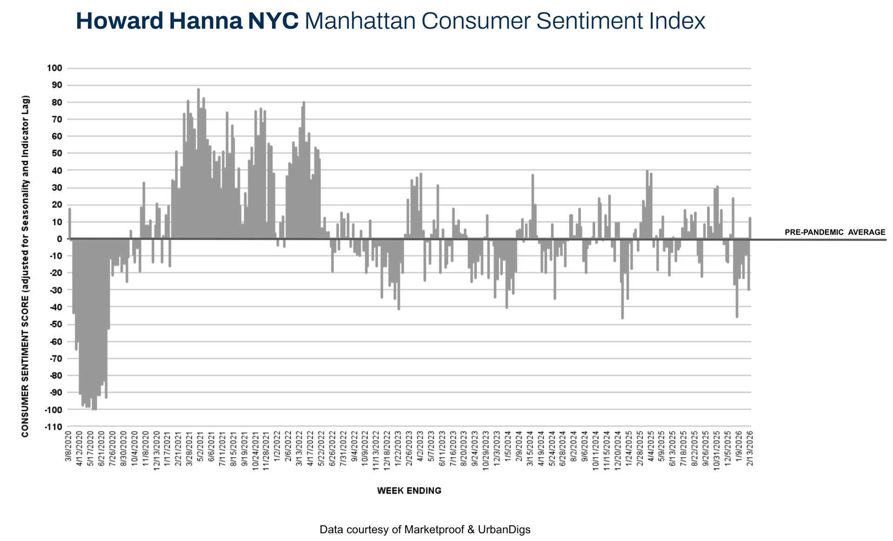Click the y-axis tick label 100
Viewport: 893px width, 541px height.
coord(54,68)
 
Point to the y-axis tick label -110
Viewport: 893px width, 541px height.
coord(53,427)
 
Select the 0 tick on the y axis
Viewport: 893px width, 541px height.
coord(59,239)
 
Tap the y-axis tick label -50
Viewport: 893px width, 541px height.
coord(54,324)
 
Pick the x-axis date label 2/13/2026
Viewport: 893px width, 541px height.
coord(749,447)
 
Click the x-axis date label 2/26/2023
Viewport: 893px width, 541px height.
coord(409,447)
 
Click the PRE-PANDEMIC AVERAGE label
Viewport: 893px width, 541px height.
coord(835,232)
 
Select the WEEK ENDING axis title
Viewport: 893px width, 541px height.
coord(409,491)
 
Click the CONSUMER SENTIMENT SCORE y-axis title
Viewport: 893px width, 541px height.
coord(25,266)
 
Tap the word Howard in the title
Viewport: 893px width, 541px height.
coord(120,21)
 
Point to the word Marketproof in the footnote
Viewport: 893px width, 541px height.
coord(433,529)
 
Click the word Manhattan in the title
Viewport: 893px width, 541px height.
coord(360,21)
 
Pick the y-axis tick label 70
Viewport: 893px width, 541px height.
coord(57,120)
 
